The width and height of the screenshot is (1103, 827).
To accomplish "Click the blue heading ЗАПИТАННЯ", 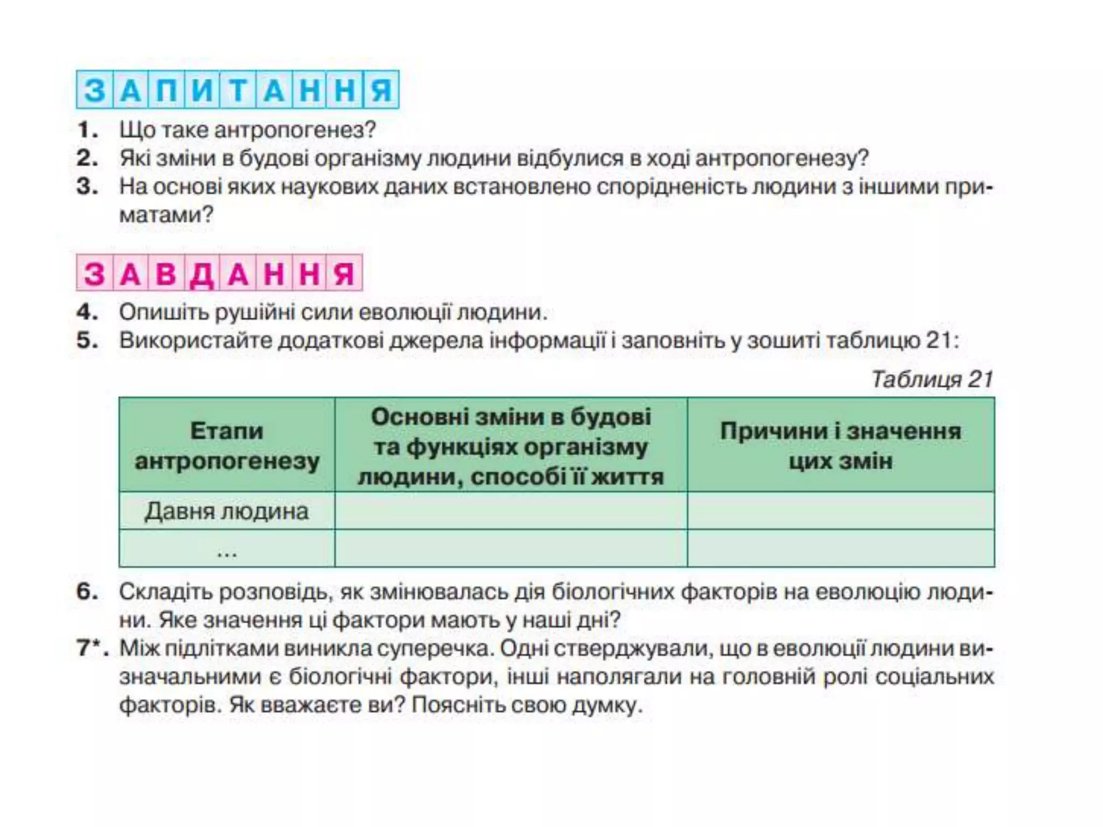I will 238,89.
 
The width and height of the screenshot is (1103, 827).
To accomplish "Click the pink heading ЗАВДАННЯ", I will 219,272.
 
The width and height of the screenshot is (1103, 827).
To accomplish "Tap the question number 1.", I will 88,130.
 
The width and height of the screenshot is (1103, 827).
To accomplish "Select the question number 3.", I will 88,187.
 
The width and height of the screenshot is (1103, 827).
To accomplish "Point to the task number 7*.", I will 92,648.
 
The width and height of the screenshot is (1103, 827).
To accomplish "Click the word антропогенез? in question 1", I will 295,130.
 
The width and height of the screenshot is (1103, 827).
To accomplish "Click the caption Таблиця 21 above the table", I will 932,379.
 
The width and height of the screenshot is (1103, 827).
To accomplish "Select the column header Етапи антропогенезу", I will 227,445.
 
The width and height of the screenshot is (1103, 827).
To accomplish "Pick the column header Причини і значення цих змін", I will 841,445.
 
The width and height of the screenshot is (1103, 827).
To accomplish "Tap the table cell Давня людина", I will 227,511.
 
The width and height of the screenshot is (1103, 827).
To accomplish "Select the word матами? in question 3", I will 166,215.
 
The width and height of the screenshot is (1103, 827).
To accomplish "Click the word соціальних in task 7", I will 934,676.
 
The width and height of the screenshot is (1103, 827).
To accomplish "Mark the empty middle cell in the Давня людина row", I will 511,511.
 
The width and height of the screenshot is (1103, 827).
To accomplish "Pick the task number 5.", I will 88,341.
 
